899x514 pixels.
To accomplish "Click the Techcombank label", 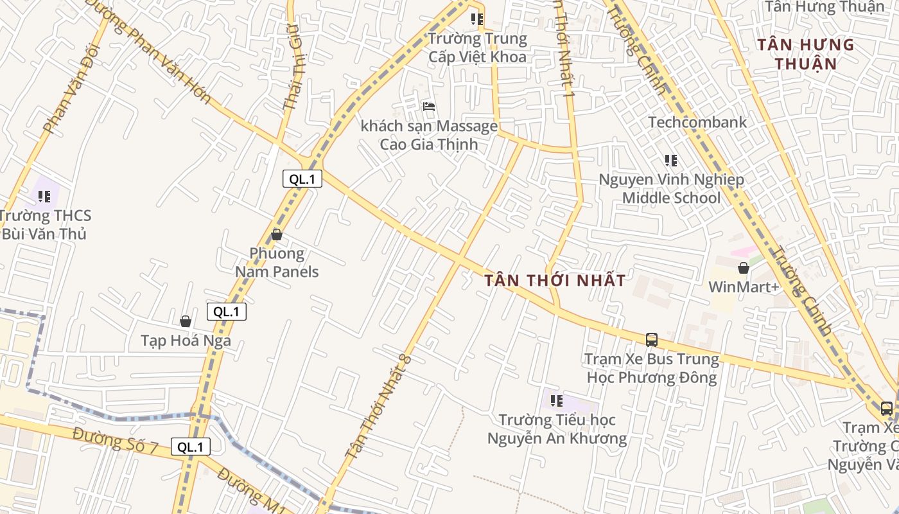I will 697,122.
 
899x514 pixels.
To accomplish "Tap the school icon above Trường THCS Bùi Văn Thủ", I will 44,196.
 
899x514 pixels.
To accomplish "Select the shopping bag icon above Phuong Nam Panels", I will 277,235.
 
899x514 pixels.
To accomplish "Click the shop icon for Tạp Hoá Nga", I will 186,321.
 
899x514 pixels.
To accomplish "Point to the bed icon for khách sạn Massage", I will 429,107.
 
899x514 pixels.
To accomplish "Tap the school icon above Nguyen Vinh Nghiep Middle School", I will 671,161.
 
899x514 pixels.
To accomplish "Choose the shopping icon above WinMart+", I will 744,268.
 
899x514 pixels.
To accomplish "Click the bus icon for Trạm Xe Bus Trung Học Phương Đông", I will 651,339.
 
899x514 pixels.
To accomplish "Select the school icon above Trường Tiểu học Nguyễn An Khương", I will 557,401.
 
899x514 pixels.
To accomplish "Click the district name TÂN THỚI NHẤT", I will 555,281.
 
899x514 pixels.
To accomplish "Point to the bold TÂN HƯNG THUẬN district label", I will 805,54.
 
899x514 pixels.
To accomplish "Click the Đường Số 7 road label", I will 116,440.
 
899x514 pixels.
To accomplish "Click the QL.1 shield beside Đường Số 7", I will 191,447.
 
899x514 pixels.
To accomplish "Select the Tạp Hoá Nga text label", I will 186,340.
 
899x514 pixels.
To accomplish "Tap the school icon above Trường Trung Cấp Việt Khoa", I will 477,20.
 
